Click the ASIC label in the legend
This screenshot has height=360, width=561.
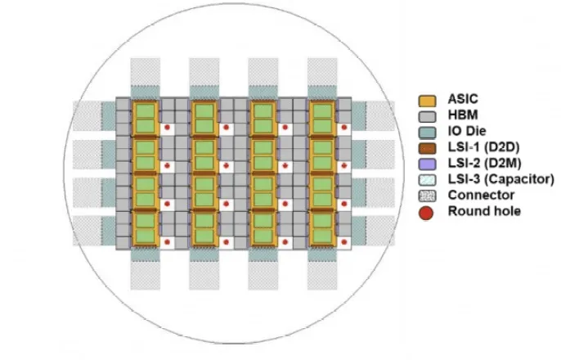coord(460,101)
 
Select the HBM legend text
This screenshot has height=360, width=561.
coord(459,116)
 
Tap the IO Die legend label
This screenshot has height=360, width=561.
coord(464,132)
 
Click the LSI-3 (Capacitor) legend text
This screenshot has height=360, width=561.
coord(495,178)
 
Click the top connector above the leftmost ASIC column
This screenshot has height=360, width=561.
coord(146,70)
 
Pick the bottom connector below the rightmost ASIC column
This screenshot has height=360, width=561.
coord(322,275)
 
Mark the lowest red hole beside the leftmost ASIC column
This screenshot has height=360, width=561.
coord(167,242)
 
